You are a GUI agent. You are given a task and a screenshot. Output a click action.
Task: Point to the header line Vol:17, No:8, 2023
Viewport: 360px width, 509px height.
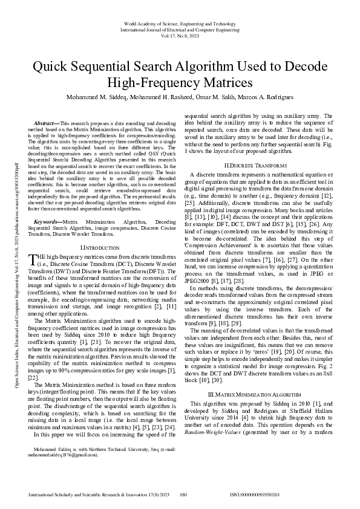click(x=180, y=36)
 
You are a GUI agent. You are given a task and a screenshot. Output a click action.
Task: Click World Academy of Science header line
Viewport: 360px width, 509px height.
click(x=180, y=24)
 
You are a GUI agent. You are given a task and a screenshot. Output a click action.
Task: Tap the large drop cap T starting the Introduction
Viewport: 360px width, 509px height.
click(x=34, y=260)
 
